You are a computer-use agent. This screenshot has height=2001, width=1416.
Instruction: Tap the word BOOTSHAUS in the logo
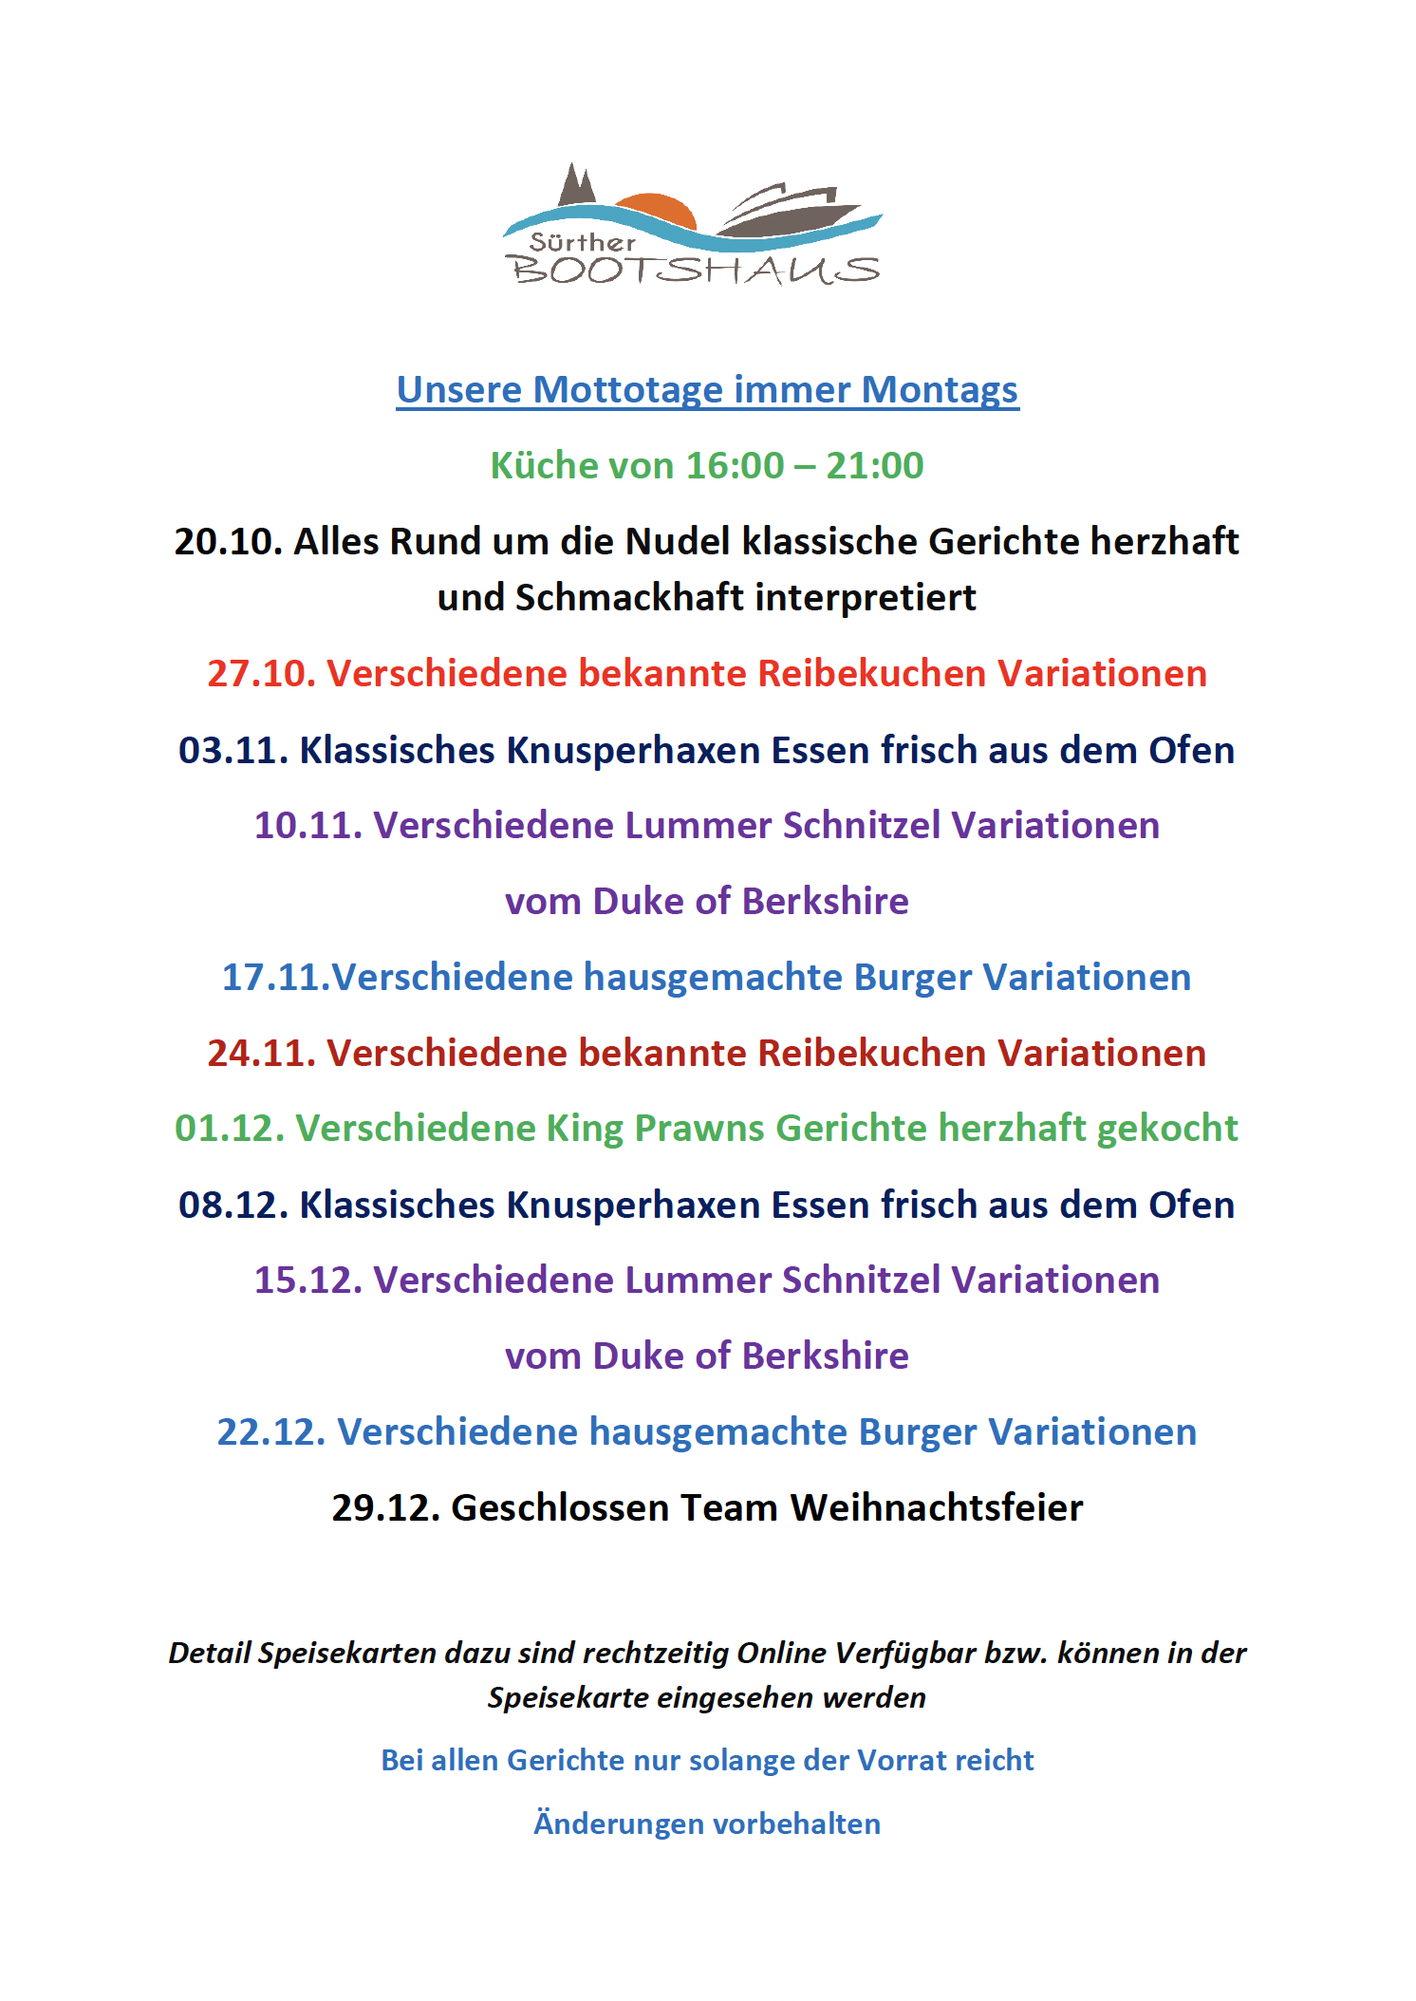696,271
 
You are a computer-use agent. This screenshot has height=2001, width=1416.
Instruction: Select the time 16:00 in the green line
735,466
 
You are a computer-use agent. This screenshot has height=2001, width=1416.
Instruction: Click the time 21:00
874,466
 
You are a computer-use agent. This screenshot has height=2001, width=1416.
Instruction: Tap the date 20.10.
228,542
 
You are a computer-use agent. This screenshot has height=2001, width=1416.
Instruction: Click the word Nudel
678,542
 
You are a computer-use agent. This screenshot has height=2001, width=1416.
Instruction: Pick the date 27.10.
261,674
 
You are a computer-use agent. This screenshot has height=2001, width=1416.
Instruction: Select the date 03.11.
233,751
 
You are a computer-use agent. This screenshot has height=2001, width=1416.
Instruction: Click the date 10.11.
307,826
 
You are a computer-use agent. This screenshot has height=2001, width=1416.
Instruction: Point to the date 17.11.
275,978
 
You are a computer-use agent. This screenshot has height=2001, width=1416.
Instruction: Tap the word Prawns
699,1129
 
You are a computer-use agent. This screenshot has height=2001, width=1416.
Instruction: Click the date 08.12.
233,1206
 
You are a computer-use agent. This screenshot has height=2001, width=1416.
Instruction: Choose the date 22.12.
270,1432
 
